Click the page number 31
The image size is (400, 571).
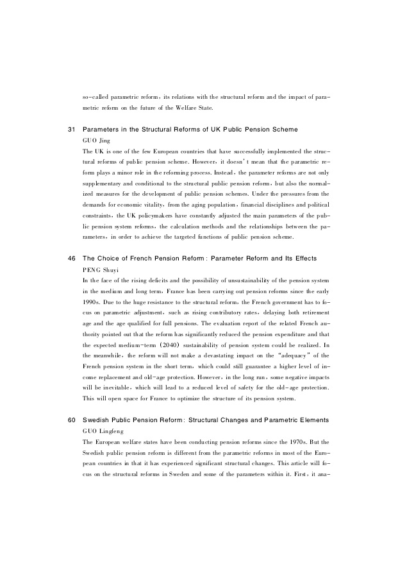point(72,130)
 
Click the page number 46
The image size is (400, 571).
point(72,258)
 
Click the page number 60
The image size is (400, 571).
point(72,420)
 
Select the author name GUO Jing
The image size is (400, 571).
point(97,140)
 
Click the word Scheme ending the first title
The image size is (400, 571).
point(283,130)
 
